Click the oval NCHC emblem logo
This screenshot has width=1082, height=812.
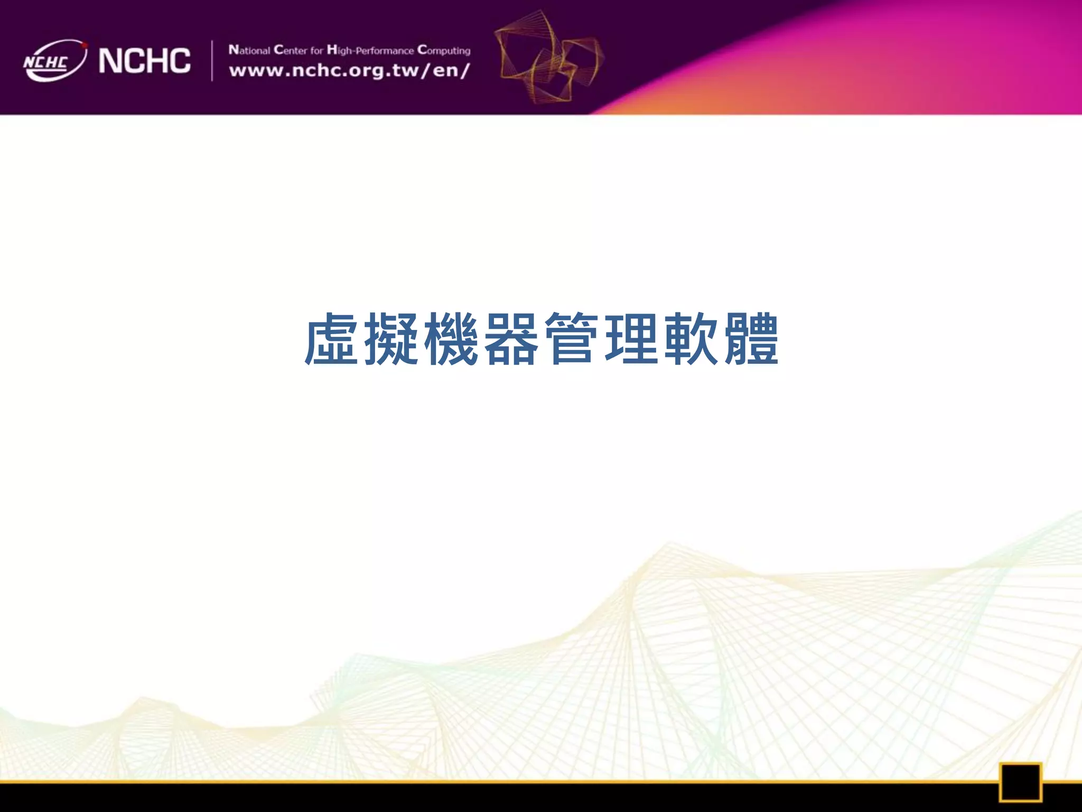coord(54,61)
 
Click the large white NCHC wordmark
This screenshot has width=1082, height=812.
coord(144,61)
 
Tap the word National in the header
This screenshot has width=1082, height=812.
coord(249,50)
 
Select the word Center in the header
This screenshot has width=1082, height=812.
coord(290,50)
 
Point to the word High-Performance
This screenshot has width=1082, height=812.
coord(370,50)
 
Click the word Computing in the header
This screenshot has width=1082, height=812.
coord(444,50)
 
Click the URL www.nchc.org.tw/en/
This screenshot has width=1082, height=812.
coord(349,71)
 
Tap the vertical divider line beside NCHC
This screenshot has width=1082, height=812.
coord(212,61)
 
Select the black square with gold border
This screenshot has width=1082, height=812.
coord(1020,782)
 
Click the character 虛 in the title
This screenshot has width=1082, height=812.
coord(331,339)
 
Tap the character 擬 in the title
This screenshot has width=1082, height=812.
coord(391,339)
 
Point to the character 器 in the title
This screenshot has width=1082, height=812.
coord(511,339)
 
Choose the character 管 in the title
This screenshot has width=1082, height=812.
coord(572,339)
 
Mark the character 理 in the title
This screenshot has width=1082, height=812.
coord(632,339)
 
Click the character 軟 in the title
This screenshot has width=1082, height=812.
coord(692,339)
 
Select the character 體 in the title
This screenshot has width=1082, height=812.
coord(751,339)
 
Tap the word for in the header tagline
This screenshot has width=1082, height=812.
coord(316,51)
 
